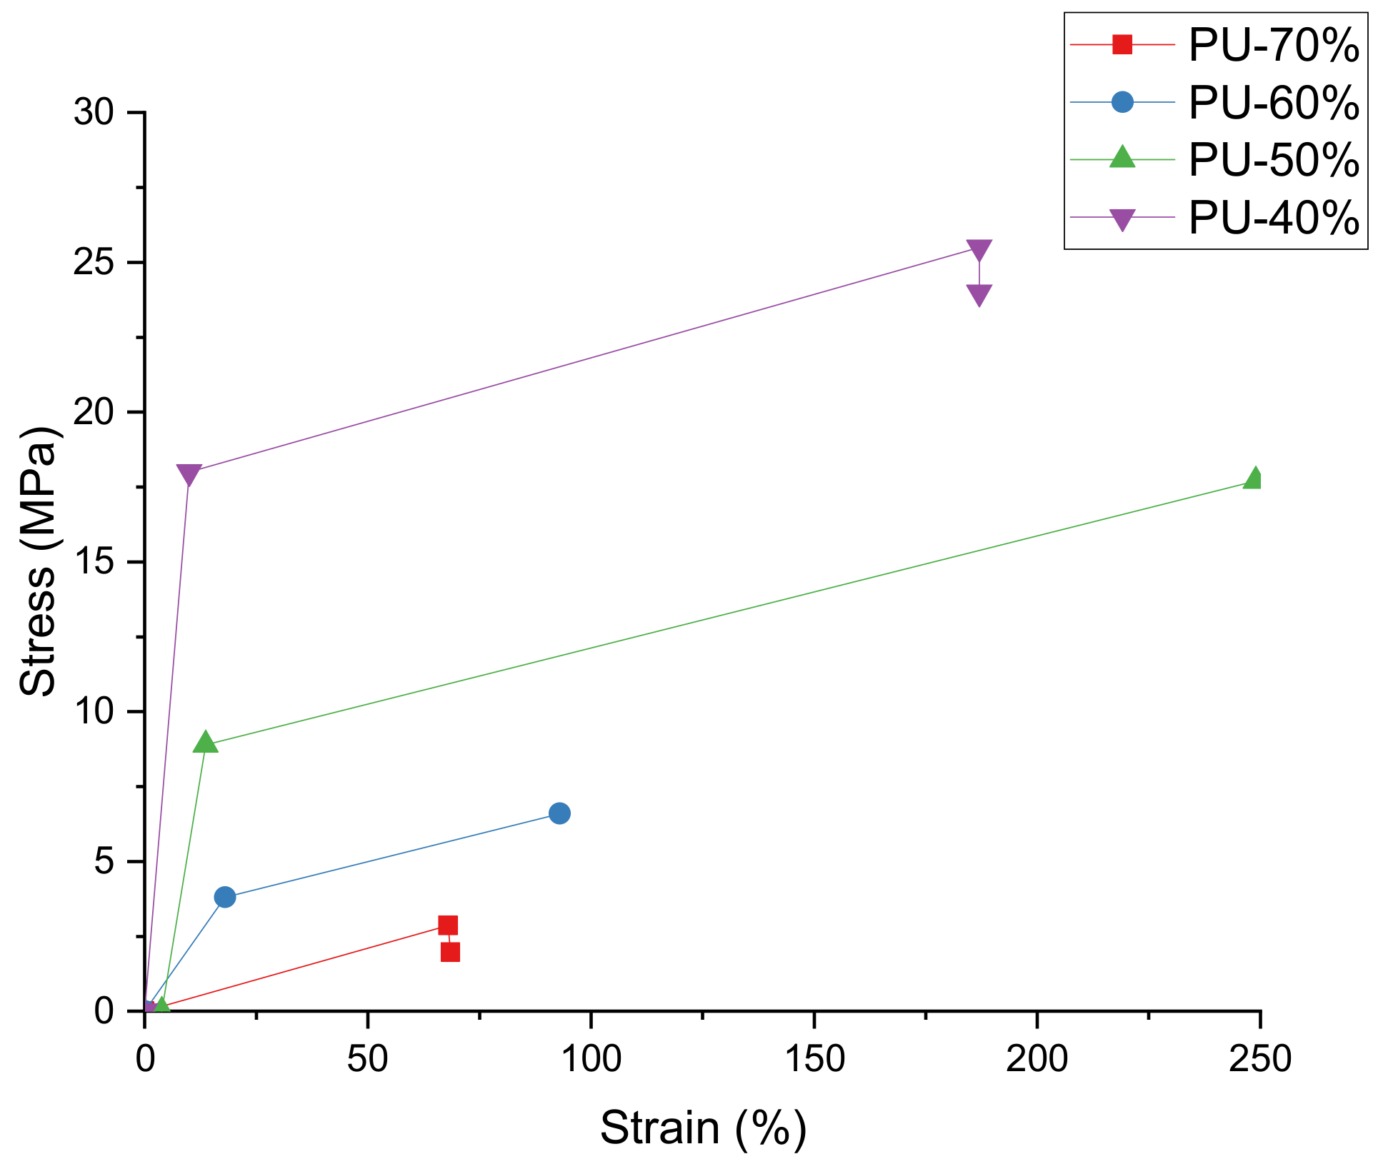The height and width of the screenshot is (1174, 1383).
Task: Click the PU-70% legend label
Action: click(x=1273, y=45)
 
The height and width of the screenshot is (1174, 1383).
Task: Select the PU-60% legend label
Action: click(x=1273, y=103)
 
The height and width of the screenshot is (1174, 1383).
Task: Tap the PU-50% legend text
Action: click(x=1273, y=160)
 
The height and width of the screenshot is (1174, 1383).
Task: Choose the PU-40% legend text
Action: click(x=1273, y=217)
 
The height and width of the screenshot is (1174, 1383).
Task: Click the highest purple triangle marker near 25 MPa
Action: click(x=979, y=249)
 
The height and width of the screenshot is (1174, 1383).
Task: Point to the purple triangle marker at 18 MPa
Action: click(x=189, y=473)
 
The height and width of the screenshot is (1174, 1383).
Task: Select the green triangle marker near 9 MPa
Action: click(x=206, y=742)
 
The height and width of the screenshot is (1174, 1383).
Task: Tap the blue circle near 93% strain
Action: click(x=559, y=813)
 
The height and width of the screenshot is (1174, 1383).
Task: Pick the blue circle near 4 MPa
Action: click(x=225, y=897)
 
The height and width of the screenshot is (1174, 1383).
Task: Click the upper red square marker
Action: click(x=448, y=925)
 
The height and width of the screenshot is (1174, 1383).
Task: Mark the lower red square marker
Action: click(x=450, y=952)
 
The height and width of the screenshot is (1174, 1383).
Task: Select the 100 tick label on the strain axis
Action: click(x=591, y=1060)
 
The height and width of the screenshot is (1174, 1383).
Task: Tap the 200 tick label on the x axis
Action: click(x=1037, y=1060)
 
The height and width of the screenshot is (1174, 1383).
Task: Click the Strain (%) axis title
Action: click(x=703, y=1128)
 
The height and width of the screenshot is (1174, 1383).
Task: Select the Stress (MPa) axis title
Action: click(x=37, y=561)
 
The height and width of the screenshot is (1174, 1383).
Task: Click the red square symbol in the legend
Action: click(x=1122, y=45)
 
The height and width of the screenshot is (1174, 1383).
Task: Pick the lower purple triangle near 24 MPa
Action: click(x=979, y=294)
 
